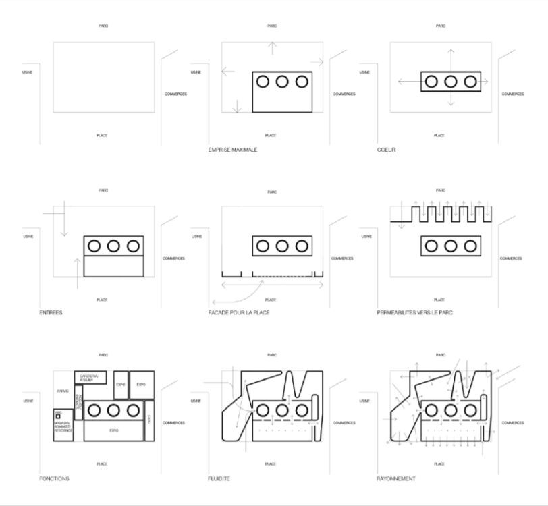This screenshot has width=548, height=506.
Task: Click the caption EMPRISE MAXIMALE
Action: (x=232, y=150)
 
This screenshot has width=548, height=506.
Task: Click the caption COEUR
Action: (x=386, y=150)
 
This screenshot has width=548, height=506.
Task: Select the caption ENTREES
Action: (x=51, y=313)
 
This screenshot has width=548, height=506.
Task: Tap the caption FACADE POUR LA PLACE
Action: (x=239, y=313)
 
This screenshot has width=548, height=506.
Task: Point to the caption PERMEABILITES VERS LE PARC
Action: (x=415, y=313)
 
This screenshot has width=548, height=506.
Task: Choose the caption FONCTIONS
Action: (x=54, y=479)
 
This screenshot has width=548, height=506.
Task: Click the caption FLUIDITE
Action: (x=219, y=479)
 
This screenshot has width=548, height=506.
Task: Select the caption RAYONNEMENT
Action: (x=396, y=479)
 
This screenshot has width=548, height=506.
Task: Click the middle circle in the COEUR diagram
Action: (x=451, y=82)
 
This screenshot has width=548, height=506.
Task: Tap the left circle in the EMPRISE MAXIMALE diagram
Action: (x=263, y=82)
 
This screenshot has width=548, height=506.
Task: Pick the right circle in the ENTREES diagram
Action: (x=133, y=246)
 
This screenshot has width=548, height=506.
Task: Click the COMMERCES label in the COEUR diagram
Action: (x=512, y=94)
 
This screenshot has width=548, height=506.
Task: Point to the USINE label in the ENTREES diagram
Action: (x=28, y=237)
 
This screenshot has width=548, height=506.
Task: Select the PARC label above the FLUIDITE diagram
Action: (x=271, y=355)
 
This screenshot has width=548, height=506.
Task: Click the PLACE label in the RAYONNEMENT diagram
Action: (x=439, y=464)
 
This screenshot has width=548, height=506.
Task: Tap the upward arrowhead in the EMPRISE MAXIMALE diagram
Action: (x=272, y=44)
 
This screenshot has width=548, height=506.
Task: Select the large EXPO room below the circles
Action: (x=113, y=429)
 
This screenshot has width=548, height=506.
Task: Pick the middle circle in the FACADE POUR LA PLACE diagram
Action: (x=282, y=246)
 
